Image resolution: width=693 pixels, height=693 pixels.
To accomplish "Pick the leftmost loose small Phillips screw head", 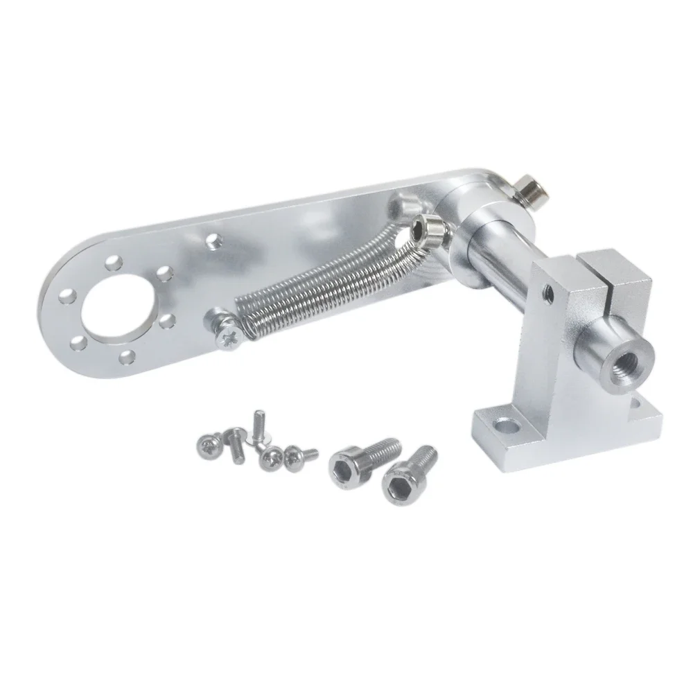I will point(207,441).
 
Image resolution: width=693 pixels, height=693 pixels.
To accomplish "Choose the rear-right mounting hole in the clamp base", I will point(635,403).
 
